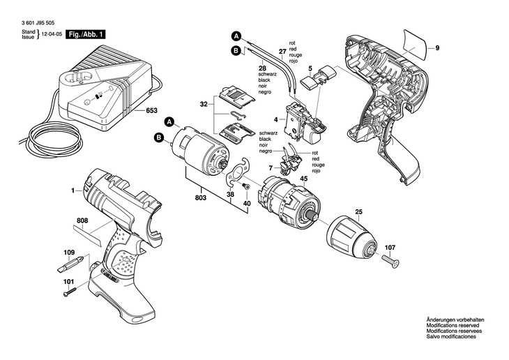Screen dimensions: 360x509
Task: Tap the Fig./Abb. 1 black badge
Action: pos(86,34)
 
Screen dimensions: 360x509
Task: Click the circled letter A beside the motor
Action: pos(168,123)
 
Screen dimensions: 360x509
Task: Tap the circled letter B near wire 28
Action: pos(236,50)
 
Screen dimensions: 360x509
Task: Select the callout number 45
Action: pos(303,179)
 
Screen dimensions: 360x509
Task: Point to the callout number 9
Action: pos(437,48)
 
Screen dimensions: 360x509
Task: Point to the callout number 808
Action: pos(82,223)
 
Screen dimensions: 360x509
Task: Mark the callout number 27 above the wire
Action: pos(282,51)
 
